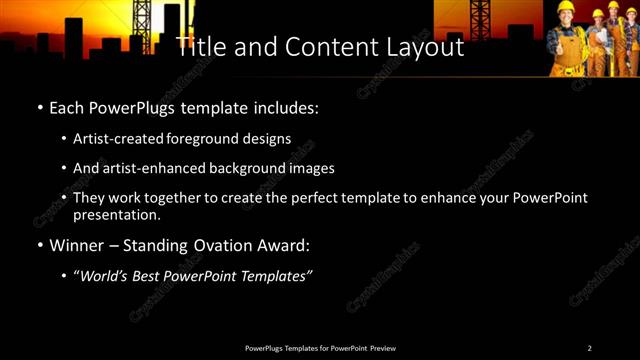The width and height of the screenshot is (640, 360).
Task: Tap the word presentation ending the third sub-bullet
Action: pos(117,214)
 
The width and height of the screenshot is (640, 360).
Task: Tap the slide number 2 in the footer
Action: pos(590,348)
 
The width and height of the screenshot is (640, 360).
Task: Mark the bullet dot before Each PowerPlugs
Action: pos(39,107)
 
